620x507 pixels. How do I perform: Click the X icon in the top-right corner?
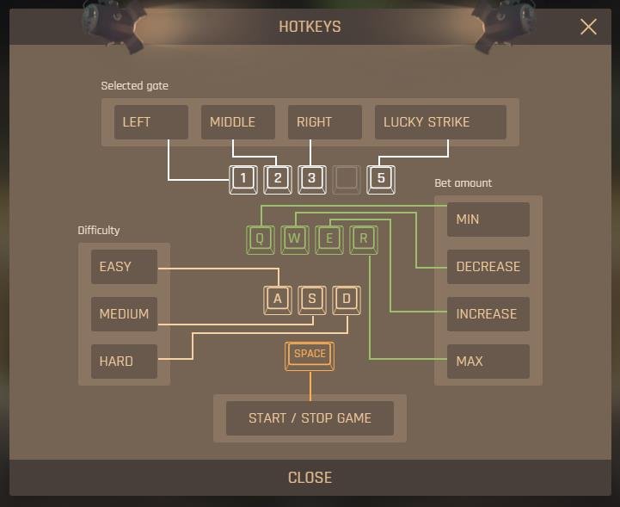point(588,27)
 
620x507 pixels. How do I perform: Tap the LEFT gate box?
point(151,122)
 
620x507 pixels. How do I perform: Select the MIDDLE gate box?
point(238,122)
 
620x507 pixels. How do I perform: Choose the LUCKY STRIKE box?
point(440,122)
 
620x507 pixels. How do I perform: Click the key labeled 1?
point(243,180)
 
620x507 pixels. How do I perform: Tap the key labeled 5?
point(381,180)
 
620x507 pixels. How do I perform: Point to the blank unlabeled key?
point(347,180)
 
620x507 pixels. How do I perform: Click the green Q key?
point(261,240)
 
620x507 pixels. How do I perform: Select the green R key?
point(364,240)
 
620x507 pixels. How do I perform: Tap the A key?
point(278,300)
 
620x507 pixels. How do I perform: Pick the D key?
point(347,300)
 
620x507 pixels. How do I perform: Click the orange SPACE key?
point(310,356)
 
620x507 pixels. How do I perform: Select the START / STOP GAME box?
point(310,418)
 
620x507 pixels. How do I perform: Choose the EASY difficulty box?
point(124,267)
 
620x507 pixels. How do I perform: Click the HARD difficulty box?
point(124,362)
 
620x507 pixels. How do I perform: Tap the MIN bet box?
point(488,219)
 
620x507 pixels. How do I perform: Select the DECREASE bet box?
point(488,267)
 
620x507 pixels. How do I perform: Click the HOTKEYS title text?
point(310,27)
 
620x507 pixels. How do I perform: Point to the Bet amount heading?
point(463,182)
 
